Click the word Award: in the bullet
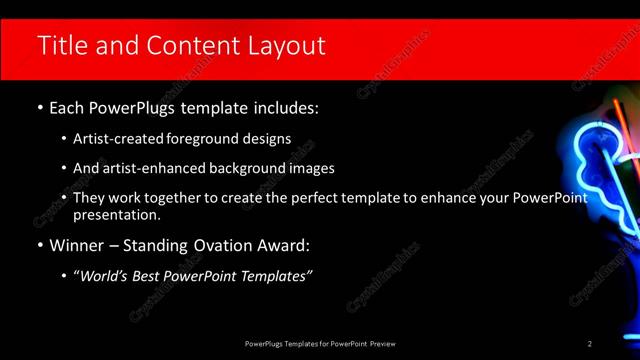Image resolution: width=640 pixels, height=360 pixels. click(282, 244)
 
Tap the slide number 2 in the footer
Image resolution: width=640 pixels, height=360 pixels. click(590, 344)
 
